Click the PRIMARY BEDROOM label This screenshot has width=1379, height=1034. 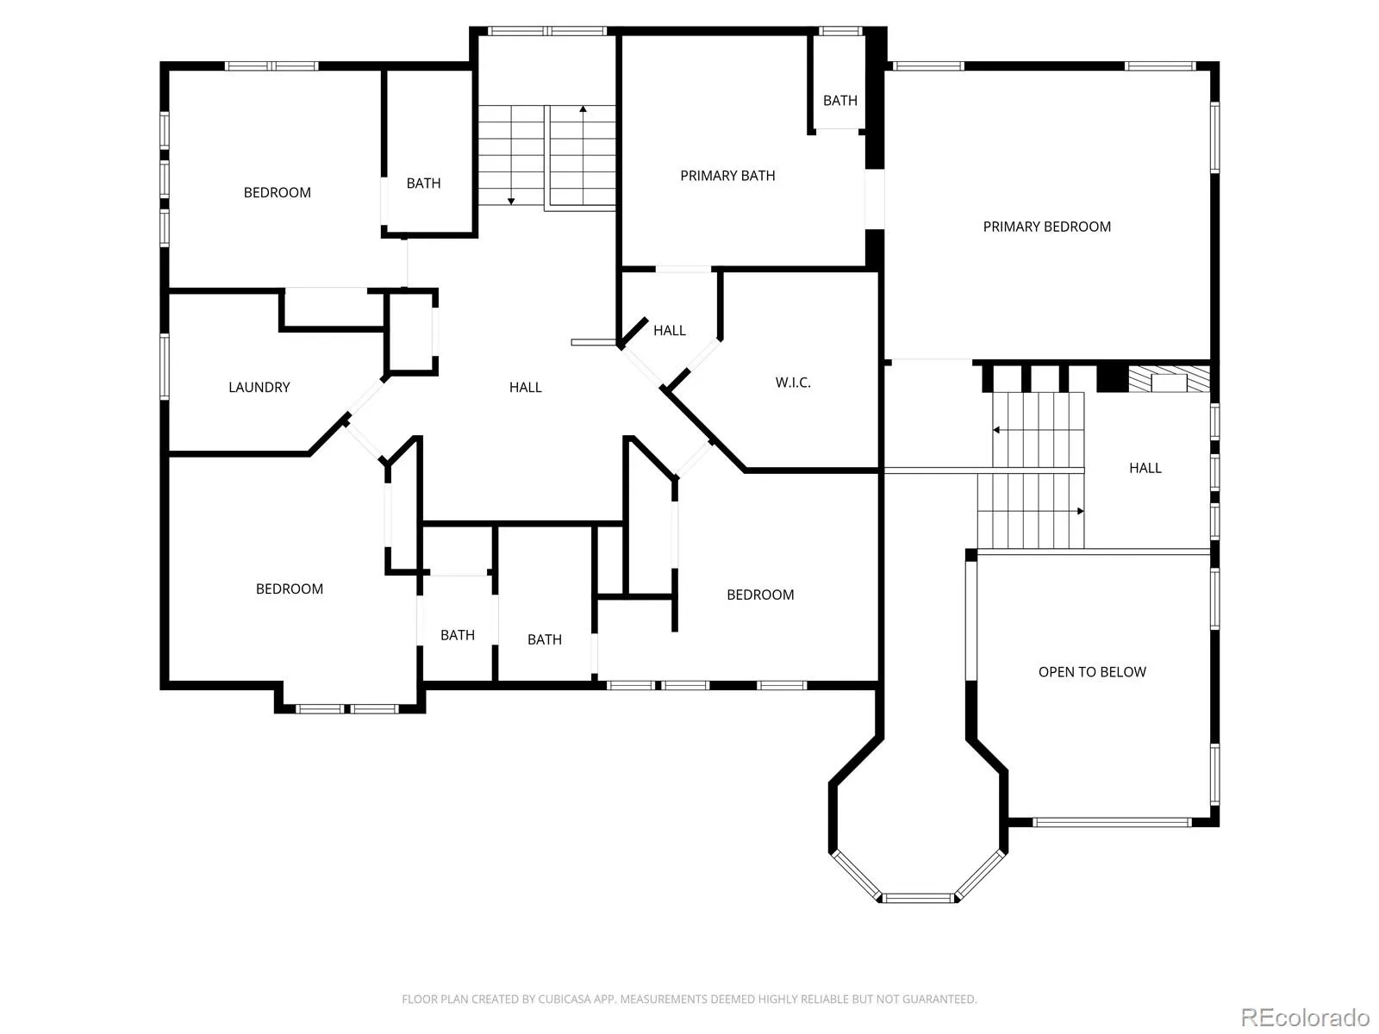pos(1046,227)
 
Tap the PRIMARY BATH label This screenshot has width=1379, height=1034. pos(727,176)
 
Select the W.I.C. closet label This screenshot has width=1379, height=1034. pos(793,383)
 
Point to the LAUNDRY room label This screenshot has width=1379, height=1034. pos(259,388)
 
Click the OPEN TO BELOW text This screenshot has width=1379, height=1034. pos(1092,672)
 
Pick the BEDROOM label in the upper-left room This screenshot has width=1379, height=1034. pos(277,193)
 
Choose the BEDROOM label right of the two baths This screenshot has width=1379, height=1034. pos(760,595)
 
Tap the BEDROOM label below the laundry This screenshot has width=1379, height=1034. pos(289,589)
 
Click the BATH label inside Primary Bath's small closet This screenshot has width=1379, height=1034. pos(840,101)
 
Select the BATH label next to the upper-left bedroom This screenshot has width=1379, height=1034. pos(423,184)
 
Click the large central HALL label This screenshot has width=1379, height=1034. pos(525,388)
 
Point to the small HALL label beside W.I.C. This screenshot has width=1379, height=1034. pos(669,330)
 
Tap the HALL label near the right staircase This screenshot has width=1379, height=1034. pos(1145,468)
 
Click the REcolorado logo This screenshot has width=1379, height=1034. pos(1305,1017)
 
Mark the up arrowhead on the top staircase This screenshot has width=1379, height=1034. pos(583,109)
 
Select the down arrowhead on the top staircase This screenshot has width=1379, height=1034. pos(511,202)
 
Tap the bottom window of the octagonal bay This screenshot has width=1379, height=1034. pos(918,899)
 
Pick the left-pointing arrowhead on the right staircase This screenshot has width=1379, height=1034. pos(995,430)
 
